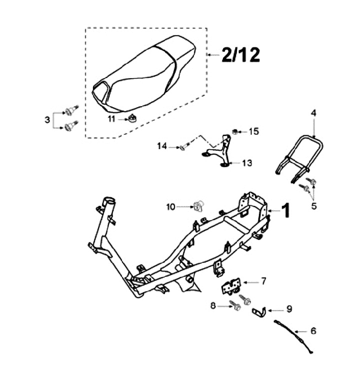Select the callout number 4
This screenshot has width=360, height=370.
[x=313, y=114]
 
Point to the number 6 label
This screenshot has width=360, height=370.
[x=313, y=331]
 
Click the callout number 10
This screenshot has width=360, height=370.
[x=171, y=206]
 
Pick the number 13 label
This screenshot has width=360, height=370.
[x=247, y=163]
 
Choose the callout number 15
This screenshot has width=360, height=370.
[x=254, y=132]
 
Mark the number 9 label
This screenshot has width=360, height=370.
[x=289, y=309]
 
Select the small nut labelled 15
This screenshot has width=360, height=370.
[x=234, y=132]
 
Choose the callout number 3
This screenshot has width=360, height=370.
[x=47, y=120]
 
